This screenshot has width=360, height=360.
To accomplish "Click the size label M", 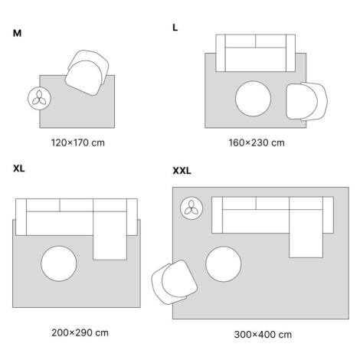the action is pyautogui.click(x=17, y=33).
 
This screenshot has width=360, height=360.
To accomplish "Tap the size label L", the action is pyautogui.click(x=175, y=28).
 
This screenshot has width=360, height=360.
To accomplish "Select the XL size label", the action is pyautogui.click(x=19, y=169).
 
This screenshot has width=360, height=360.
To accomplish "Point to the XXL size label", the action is pyautogui.click(x=182, y=171).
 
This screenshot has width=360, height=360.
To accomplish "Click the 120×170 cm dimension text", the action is pyautogui.click(x=78, y=142).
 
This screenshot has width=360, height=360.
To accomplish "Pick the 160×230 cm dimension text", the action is pyautogui.click(x=257, y=142).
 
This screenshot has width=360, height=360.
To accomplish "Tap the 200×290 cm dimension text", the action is pyautogui.click(x=80, y=332).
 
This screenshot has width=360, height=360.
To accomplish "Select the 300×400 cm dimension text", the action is pyautogui.click(x=263, y=335).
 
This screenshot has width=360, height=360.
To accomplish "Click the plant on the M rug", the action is pyautogui.click(x=39, y=98).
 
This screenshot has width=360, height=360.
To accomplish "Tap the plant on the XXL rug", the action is pyautogui.click(x=191, y=208).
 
